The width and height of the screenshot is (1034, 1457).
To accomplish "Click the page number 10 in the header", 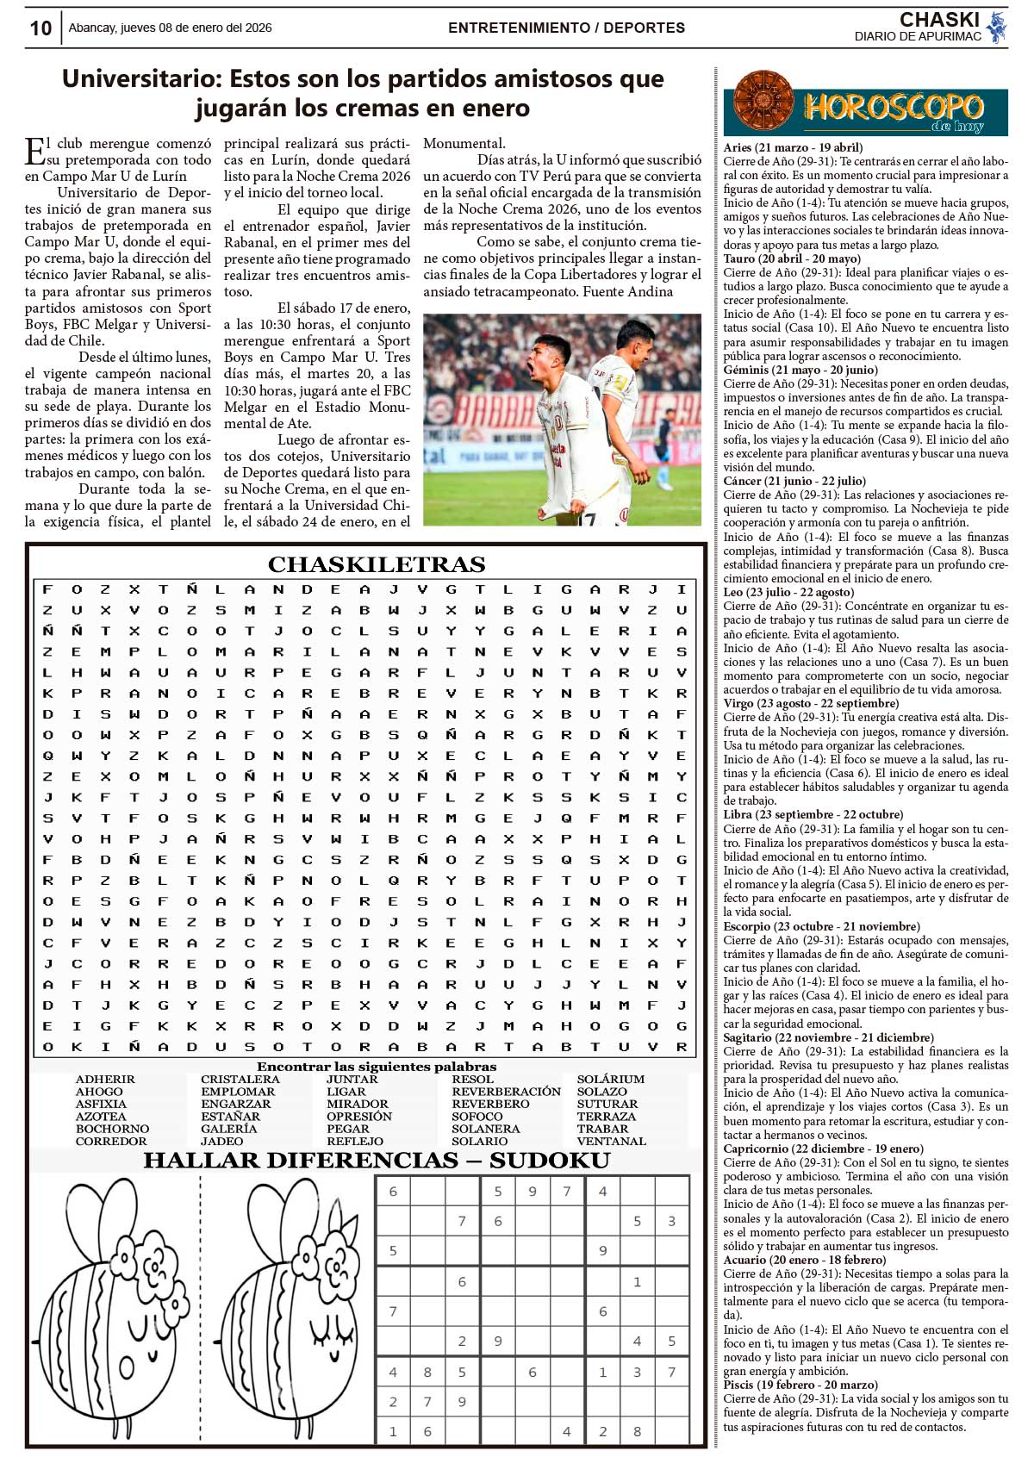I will pyautogui.click(x=40, y=28).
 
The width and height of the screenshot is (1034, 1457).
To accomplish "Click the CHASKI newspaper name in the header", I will pyautogui.click(x=939, y=20).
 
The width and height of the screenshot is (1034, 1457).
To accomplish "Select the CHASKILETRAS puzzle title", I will pyautogui.click(x=377, y=564).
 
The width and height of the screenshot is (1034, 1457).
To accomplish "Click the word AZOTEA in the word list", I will pyautogui.click(x=101, y=1117).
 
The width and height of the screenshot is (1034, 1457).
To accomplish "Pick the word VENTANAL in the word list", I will pyautogui.click(x=611, y=1142).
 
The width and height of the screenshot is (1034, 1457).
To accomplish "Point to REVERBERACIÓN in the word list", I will pyautogui.click(x=506, y=1092).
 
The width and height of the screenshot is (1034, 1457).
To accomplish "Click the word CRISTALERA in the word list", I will pyautogui.click(x=240, y=1080).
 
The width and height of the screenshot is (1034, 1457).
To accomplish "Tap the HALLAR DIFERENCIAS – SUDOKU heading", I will pyautogui.click(x=377, y=1161).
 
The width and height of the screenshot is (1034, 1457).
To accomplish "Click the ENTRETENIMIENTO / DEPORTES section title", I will pyautogui.click(x=566, y=28).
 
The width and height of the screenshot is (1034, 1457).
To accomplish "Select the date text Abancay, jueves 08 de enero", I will pyautogui.click(x=170, y=28).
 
